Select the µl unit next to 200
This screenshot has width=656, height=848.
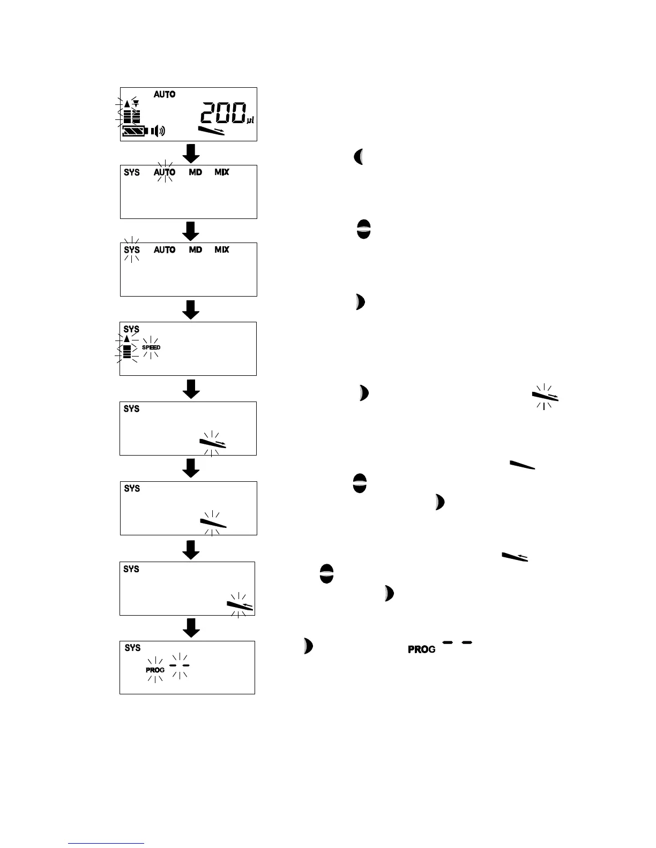click(250, 120)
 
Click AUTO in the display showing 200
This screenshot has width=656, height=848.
click(165, 95)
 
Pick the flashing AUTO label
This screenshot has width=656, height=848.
click(165, 172)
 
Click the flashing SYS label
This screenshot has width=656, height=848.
click(132, 250)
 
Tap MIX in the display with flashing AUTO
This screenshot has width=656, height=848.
click(222, 172)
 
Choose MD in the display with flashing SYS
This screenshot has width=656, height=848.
click(196, 250)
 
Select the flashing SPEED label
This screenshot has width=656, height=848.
click(151, 347)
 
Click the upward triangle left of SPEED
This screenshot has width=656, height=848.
click(126, 338)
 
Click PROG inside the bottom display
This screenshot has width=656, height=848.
click(155, 670)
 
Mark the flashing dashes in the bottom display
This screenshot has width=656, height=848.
click(179, 665)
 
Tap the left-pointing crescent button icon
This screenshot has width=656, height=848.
click(359, 157)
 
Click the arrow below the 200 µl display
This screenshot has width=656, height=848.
click(191, 154)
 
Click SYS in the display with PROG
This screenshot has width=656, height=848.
click(132, 648)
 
